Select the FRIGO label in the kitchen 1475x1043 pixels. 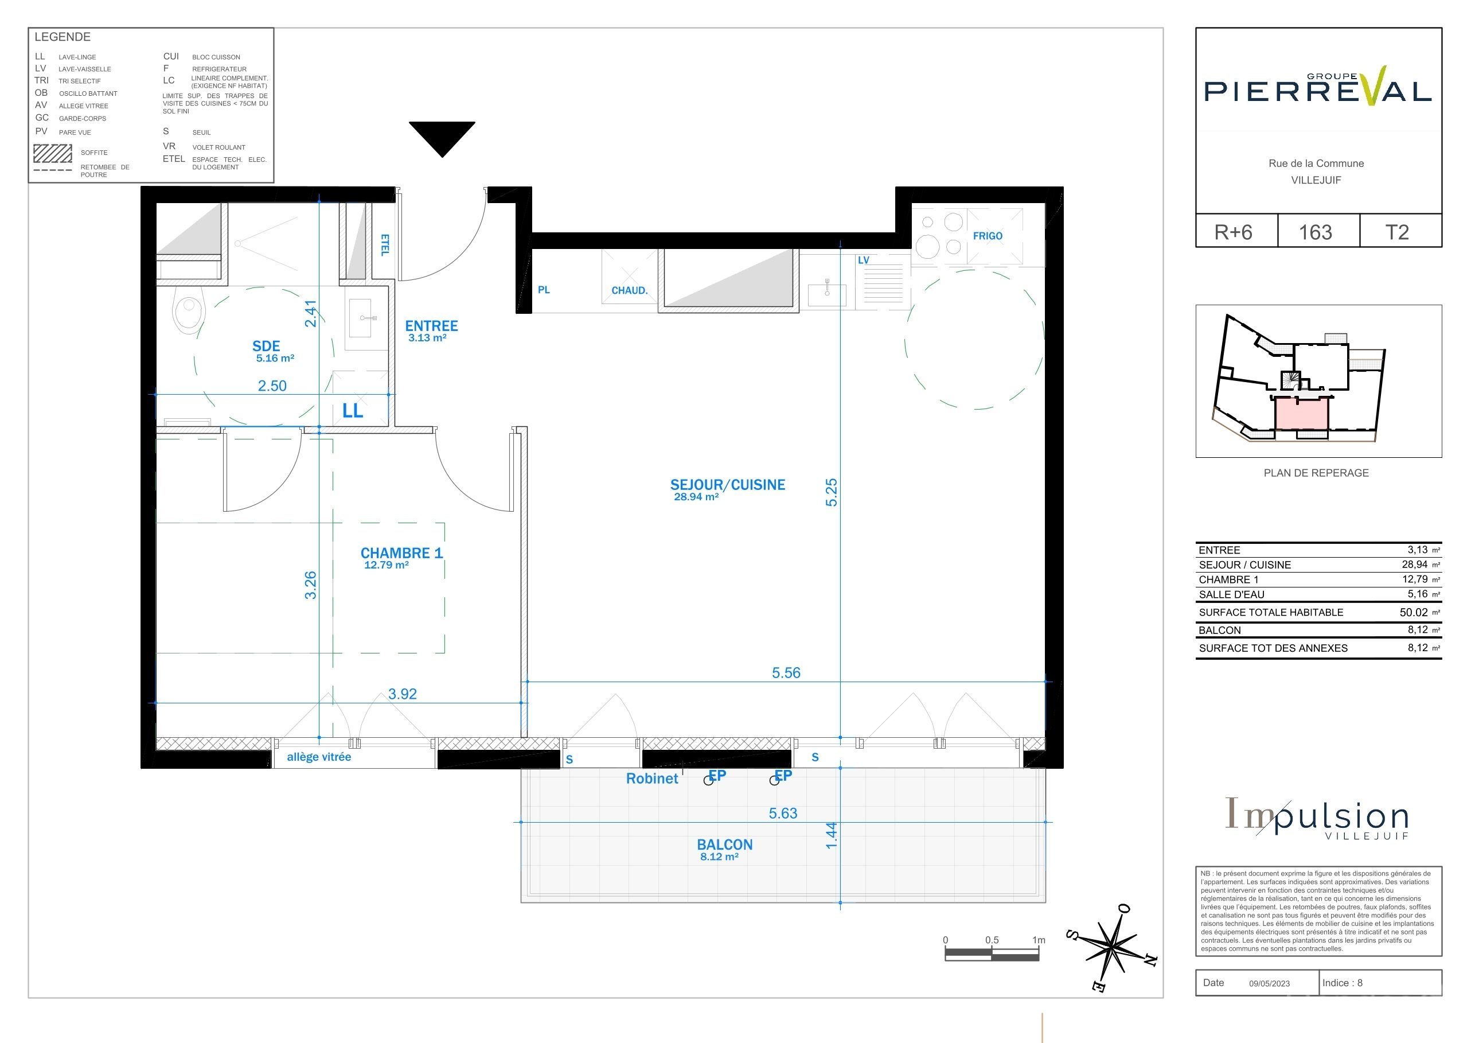(x=988, y=236)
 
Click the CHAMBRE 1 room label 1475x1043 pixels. (x=401, y=552)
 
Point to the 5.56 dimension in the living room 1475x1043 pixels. (x=786, y=673)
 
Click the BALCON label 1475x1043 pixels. (x=725, y=844)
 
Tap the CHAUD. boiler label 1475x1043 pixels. (x=630, y=290)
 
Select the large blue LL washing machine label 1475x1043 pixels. (x=353, y=411)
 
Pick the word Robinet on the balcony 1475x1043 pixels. (x=652, y=778)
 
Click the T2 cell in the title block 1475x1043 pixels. (x=1396, y=232)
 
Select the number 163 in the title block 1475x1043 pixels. (x=1315, y=232)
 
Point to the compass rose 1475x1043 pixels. (x=1112, y=945)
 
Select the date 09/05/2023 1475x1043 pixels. (x=1270, y=983)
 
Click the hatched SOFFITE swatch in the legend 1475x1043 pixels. (x=53, y=153)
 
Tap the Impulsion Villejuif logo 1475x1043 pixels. (x=1317, y=818)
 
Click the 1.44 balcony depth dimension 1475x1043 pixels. (x=832, y=835)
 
